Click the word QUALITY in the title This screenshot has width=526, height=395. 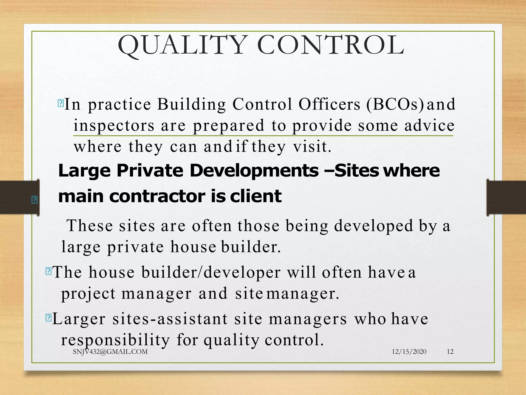181,45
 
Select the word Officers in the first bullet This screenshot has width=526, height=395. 329,104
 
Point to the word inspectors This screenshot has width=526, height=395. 114,126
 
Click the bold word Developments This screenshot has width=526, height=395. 254,171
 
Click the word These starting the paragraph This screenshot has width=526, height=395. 90,226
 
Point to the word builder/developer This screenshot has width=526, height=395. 211,272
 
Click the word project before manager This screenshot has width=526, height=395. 88,294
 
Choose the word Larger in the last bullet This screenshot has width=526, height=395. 79,319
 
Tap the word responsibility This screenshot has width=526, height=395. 115,340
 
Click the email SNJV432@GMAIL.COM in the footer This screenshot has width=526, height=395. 110,352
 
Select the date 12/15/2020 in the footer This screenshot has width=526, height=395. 409,352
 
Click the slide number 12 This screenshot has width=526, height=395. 450,352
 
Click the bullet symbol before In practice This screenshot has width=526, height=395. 61,103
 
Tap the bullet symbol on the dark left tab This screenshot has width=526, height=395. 34,200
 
